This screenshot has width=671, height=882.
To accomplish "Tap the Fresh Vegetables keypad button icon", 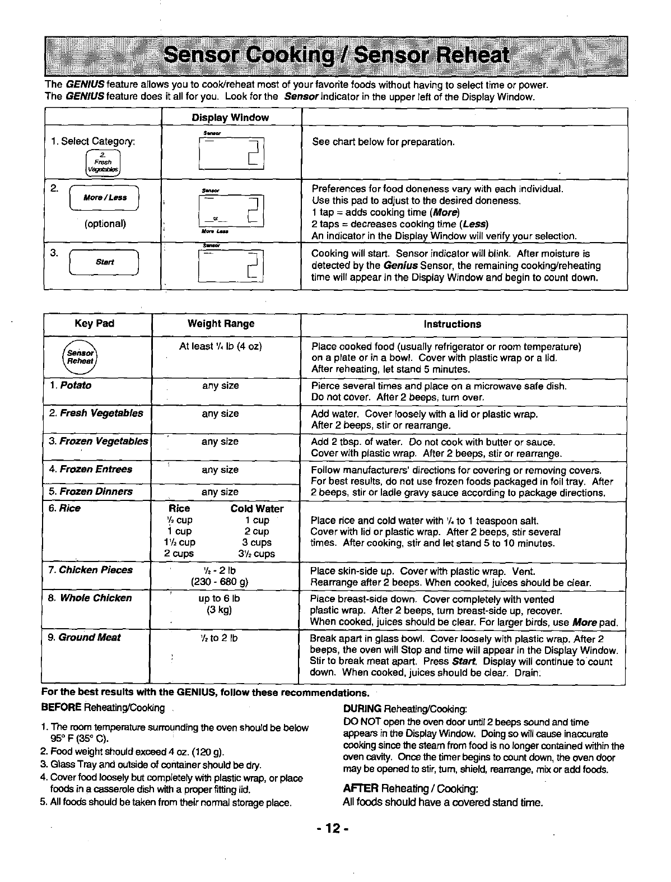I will coord(103,163).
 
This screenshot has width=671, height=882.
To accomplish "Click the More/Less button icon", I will coord(105,198).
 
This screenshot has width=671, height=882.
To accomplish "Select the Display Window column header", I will coord(230,118).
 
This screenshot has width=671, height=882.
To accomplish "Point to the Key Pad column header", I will coord(94,324).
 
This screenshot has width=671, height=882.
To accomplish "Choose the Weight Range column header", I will coord(221,324).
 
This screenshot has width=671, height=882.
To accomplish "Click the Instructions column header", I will coord(452,324).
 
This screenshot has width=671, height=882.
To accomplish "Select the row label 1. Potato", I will coord(71,386).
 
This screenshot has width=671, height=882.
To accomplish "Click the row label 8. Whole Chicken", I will coord(90,598).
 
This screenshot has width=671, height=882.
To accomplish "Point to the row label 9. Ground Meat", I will coord(84,637).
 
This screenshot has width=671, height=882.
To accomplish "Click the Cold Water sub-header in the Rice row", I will coord(257,509).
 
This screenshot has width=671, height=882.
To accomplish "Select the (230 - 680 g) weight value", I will coord(220,582).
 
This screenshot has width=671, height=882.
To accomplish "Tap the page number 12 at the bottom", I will coord(335,828).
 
